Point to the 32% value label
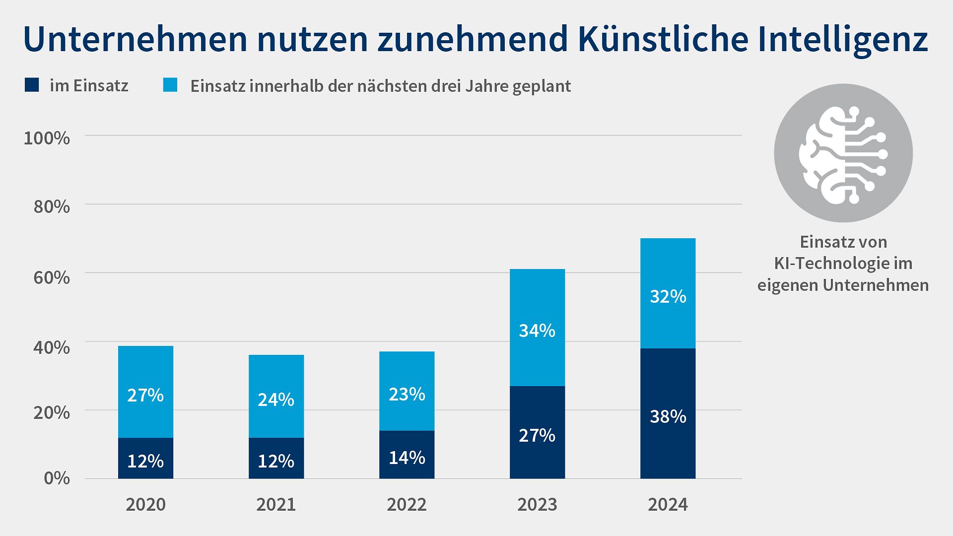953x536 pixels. pyautogui.click(x=668, y=297)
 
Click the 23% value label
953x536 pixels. pyautogui.click(x=407, y=395)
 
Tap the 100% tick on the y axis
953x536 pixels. pyautogui.click(x=47, y=138)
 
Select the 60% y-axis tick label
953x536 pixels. pyautogui.click(x=51, y=277)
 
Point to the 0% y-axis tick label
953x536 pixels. pyautogui.click(x=57, y=478)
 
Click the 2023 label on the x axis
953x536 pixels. pyautogui.click(x=537, y=505)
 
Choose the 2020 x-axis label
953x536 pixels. pyautogui.click(x=145, y=505)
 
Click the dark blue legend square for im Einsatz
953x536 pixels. pyautogui.click(x=32, y=85)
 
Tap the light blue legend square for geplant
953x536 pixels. pyautogui.click(x=170, y=85)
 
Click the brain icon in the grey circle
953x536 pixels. pyautogui.click(x=843, y=154)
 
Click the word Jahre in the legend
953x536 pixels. pyautogui.click(x=486, y=86)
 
